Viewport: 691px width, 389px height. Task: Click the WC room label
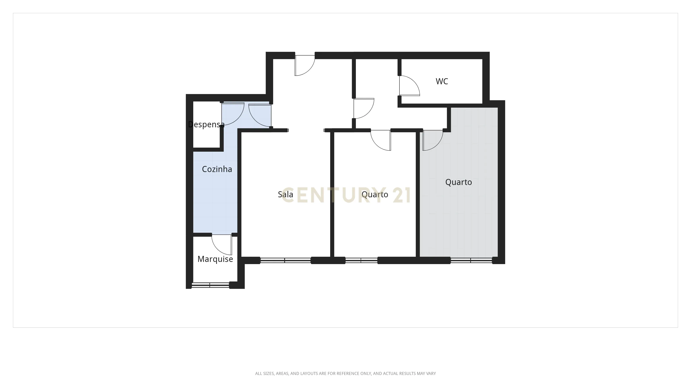pyautogui.click(x=442, y=81)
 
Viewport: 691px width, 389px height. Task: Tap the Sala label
pyautogui.click(x=285, y=194)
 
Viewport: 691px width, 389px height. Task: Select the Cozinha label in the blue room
pyautogui.click(x=217, y=169)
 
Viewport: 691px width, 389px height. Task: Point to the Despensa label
pyautogui.click(x=206, y=124)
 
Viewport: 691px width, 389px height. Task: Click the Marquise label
pyautogui.click(x=215, y=259)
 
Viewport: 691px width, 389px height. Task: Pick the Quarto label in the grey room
pyautogui.click(x=458, y=182)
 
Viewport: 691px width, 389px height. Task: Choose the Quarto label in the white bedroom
pyautogui.click(x=375, y=194)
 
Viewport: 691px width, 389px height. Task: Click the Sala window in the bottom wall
pyautogui.click(x=285, y=260)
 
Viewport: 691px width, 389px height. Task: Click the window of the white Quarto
pyautogui.click(x=361, y=260)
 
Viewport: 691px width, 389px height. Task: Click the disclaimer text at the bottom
pyautogui.click(x=345, y=373)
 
